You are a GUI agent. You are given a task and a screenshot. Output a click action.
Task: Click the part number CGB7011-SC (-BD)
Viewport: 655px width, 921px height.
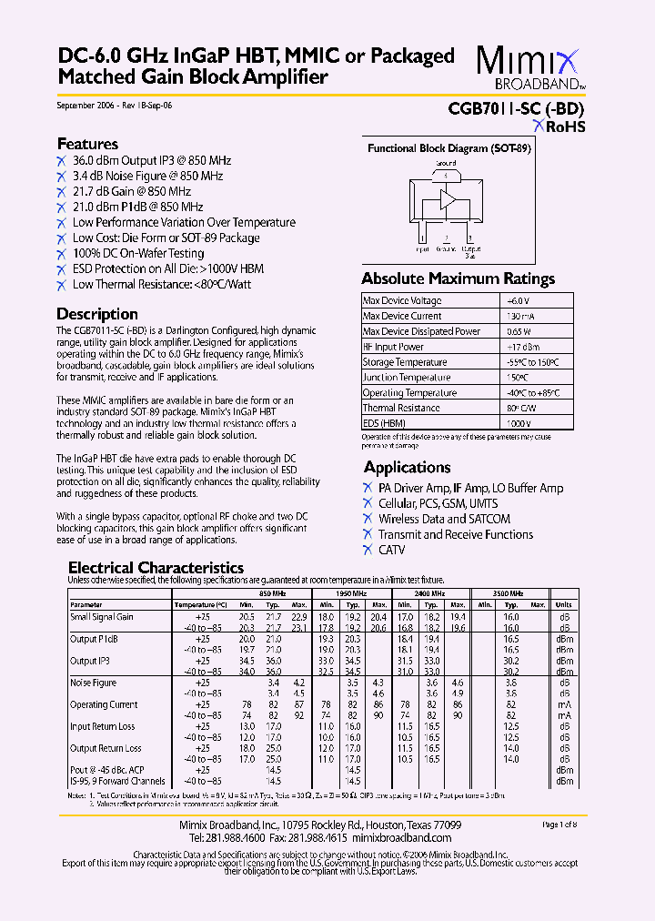pos(516,107)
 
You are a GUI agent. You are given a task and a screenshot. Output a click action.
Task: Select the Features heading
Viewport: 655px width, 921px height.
pos(87,144)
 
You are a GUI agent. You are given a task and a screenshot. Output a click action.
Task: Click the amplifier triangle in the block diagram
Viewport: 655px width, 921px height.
pos(448,200)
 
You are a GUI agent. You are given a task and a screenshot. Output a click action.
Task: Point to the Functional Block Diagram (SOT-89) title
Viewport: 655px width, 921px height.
pos(448,148)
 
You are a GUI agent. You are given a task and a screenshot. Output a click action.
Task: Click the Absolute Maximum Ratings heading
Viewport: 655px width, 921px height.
pos(458,278)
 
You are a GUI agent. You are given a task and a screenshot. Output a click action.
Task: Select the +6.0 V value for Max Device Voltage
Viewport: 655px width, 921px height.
pos(518,300)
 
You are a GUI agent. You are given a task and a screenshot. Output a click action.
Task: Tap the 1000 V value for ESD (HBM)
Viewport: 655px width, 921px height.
pos(517,424)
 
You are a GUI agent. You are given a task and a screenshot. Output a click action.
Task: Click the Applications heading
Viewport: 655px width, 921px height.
pos(408,467)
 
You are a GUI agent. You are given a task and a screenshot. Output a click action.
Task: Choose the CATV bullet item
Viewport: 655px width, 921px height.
pos(391,550)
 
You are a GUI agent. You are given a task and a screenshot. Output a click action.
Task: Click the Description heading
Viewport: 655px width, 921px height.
pos(97,314)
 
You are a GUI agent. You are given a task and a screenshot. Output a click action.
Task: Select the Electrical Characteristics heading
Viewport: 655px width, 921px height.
pos(156,568)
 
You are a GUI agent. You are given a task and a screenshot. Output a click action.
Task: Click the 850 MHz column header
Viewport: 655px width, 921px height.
pos(273,592)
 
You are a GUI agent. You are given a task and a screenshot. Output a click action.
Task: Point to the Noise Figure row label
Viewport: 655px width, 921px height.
pos(93,682)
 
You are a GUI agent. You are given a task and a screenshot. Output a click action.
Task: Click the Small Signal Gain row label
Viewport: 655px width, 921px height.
pos(102,616)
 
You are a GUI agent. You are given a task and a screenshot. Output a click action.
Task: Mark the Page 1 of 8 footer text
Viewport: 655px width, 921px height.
pos(560,825)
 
